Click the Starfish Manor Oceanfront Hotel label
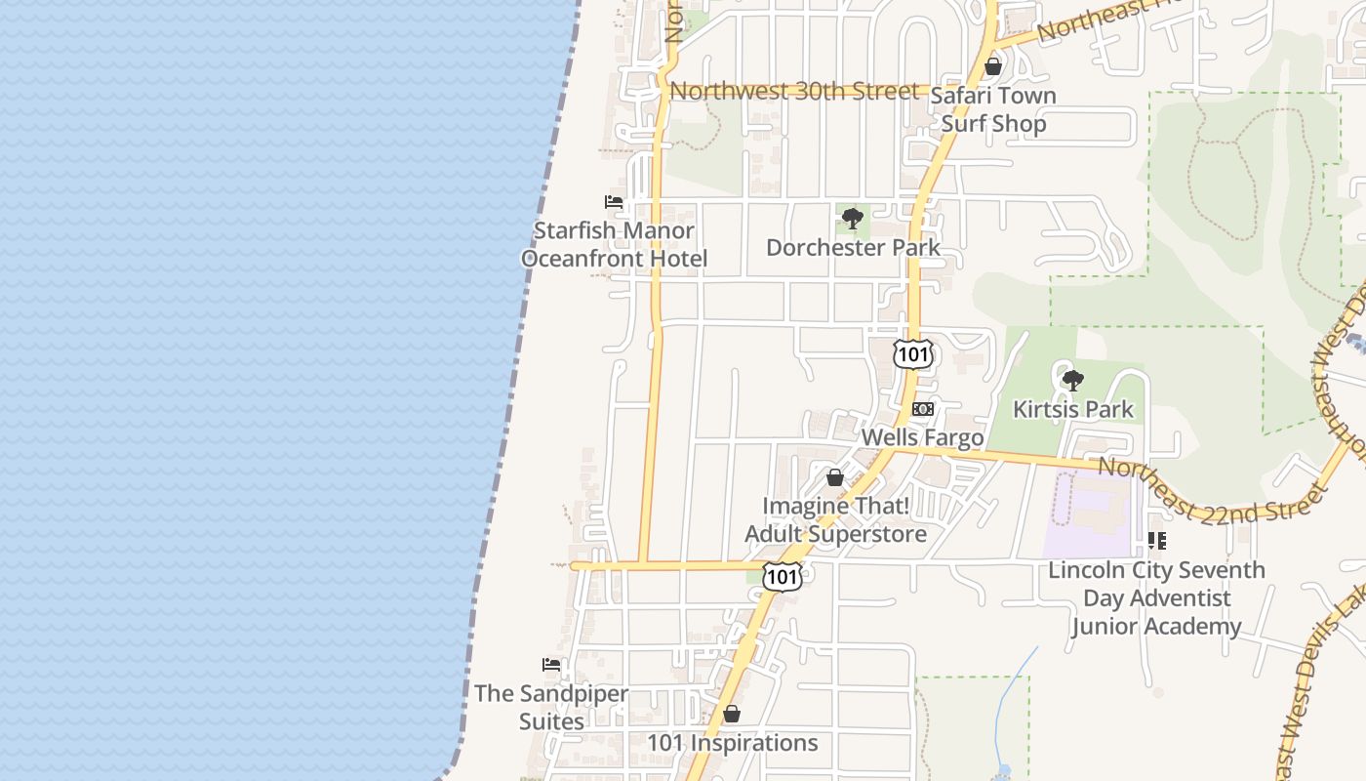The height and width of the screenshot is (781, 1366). [614, 245]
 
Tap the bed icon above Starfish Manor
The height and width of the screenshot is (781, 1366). [614, 202]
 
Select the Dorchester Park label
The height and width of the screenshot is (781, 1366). [853, 248]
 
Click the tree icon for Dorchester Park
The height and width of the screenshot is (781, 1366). [853, 218]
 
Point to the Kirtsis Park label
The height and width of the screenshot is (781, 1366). [1073, 409]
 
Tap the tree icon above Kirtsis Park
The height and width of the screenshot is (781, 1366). [1073, 380]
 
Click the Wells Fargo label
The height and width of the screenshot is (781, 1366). [922, 437]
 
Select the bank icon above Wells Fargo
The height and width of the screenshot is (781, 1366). [923, 409]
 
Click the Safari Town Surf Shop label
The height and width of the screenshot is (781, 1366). [993, 109]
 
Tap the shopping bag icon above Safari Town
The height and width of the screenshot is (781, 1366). [993, 66]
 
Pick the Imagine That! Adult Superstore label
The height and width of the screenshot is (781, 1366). [835, 520]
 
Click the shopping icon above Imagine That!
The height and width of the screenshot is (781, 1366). [835, 477]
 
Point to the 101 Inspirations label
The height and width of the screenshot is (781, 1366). [733, 743]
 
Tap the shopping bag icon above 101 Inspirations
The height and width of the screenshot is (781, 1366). [732, 714]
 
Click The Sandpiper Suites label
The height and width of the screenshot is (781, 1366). [551, 708]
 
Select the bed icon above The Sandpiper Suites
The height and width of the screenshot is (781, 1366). [551, 665]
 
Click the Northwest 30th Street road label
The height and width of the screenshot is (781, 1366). [795, 92]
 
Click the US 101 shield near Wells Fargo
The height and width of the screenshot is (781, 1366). [913, 354]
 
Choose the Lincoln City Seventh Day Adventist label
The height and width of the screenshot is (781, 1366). [1156, 597]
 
